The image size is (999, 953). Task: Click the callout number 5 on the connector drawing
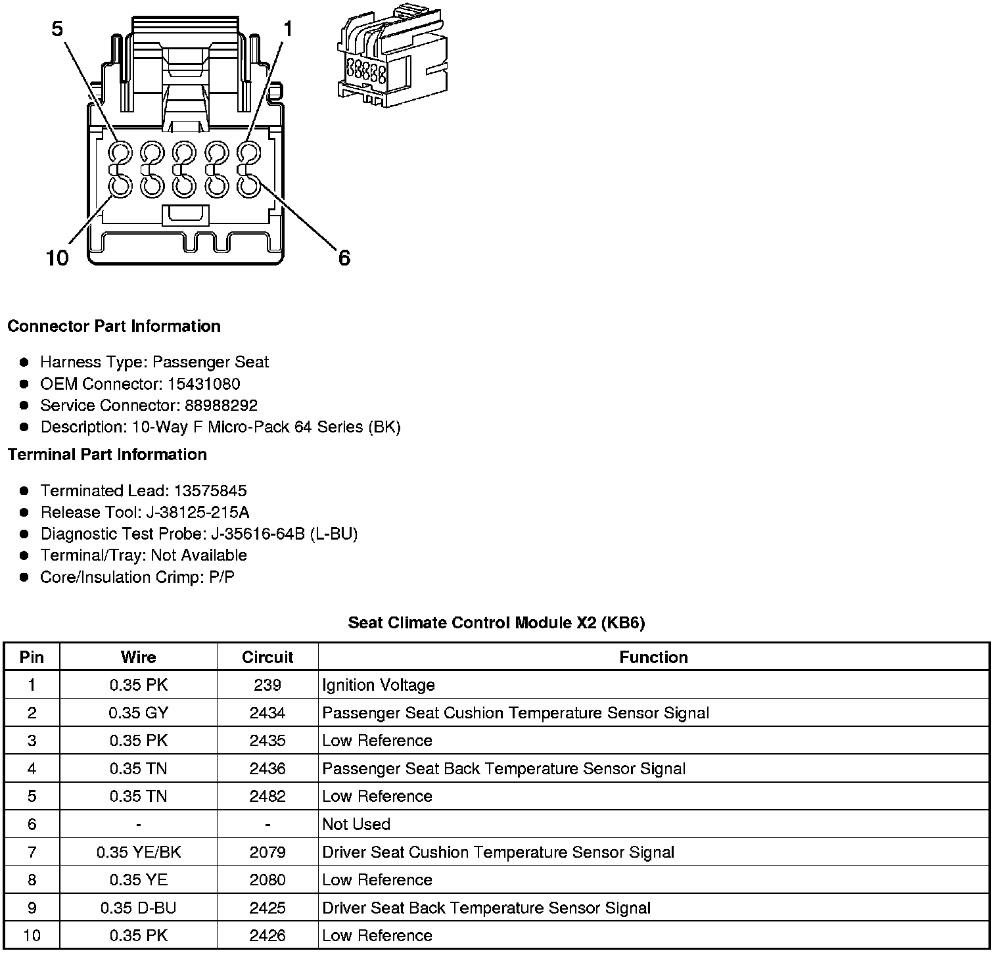58,30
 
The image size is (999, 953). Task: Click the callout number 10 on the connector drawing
57,258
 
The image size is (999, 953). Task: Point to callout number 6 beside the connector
344,258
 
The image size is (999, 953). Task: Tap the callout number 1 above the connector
287,30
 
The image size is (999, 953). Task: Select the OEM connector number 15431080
204,384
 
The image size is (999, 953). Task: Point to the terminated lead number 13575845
210,491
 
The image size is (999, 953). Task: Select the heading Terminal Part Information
107,455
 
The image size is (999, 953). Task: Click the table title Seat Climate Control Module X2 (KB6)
496,623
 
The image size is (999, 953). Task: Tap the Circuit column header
267,657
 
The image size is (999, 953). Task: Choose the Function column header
653,657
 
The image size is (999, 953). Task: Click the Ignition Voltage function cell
379,686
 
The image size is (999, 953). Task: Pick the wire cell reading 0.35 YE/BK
139,852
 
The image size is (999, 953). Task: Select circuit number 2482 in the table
267,797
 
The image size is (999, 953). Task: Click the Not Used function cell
356,824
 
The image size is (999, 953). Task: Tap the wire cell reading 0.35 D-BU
139,908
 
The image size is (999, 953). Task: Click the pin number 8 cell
32,880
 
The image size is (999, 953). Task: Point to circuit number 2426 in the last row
267,936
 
